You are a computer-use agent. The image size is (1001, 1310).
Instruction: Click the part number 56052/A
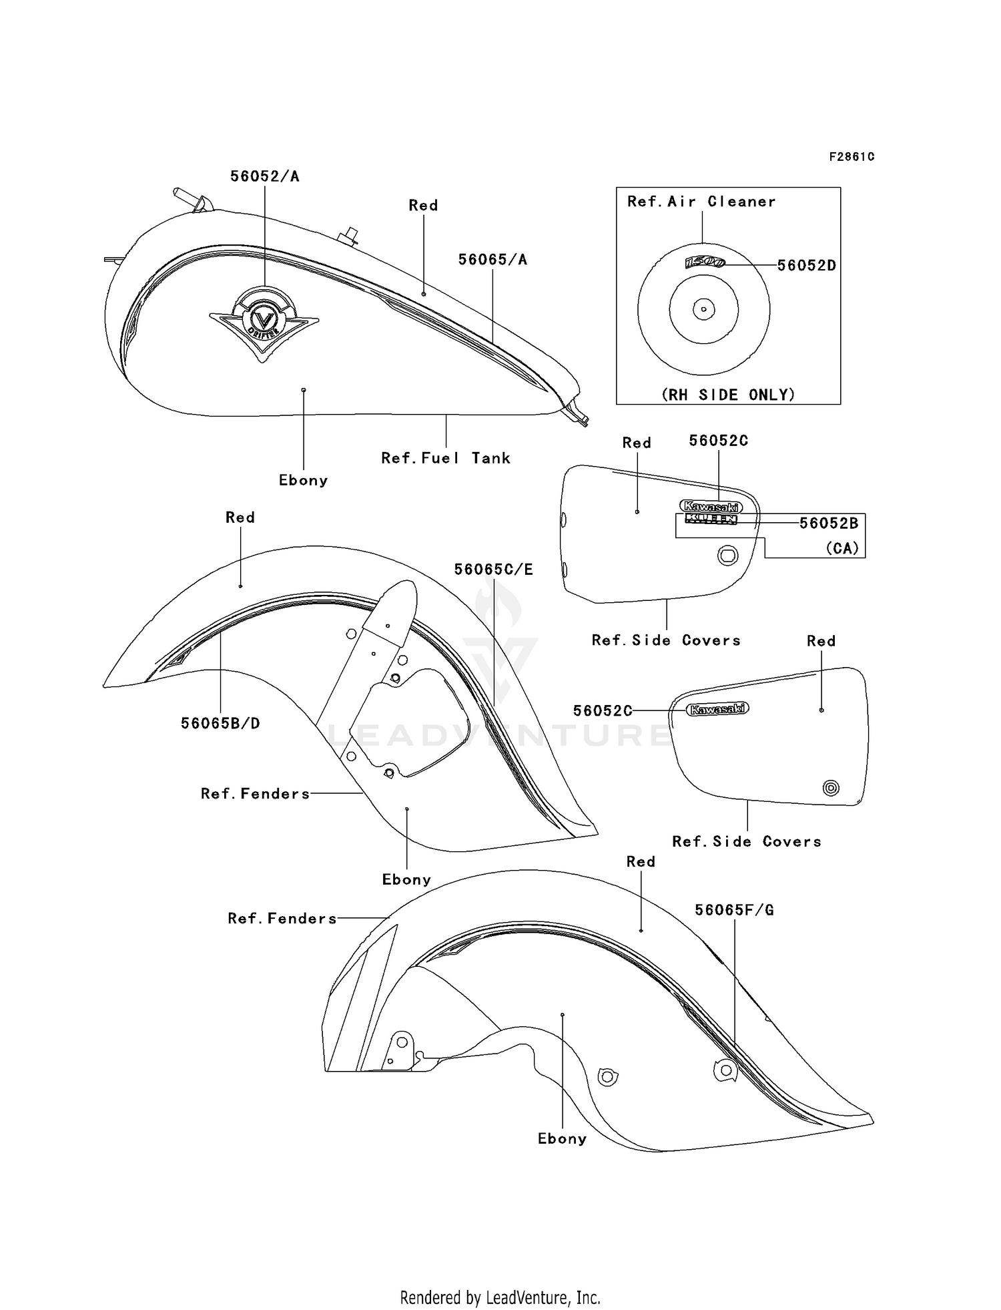click(x=265, y=176)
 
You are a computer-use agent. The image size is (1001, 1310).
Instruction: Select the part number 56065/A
click(x=492, y=260)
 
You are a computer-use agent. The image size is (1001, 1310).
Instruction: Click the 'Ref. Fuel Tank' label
click(x=446, y=458)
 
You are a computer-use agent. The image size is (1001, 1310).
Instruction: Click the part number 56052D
click(x=807, y=265)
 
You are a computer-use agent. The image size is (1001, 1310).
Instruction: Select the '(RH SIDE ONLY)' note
click(x=729, y=395)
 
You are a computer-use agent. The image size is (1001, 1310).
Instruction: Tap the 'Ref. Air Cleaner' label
click(x=701, y=202)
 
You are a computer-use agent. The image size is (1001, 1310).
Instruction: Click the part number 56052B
click(x=829, y=523)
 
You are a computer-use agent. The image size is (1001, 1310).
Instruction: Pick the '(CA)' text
click(x=842, y=548)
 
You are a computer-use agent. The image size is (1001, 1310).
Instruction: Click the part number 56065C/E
click(x=494, y=570)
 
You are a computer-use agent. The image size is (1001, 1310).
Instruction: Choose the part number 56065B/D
click(x=220, y=723)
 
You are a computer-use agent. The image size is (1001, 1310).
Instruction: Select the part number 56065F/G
click(x=735, y=910)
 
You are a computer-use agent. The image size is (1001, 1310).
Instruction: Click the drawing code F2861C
click(x=852, y=157)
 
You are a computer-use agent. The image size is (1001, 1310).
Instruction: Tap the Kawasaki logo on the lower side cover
click(x=718, y=709)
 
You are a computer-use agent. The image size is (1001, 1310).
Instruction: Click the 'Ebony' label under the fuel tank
click(x=304, y=481)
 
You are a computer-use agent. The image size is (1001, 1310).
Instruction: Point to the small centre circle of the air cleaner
click(x=703, y=309)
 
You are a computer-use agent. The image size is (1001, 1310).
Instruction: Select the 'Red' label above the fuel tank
click(x=424, y=206)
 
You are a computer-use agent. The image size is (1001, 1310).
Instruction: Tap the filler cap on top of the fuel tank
click(x=348, y=236)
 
